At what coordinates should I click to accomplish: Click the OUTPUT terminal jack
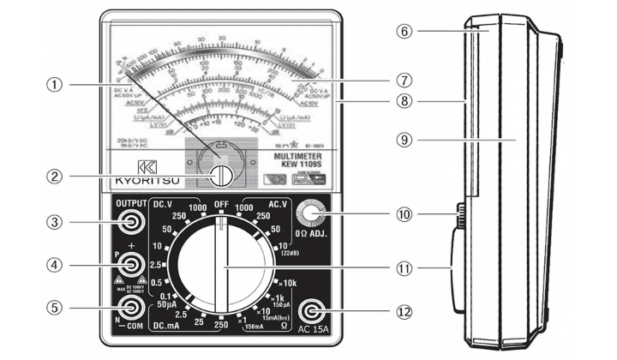(131, 223)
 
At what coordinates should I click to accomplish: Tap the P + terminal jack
(131, 265)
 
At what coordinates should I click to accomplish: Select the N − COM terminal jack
(131, 309)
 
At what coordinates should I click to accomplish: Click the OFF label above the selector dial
(220, 205)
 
